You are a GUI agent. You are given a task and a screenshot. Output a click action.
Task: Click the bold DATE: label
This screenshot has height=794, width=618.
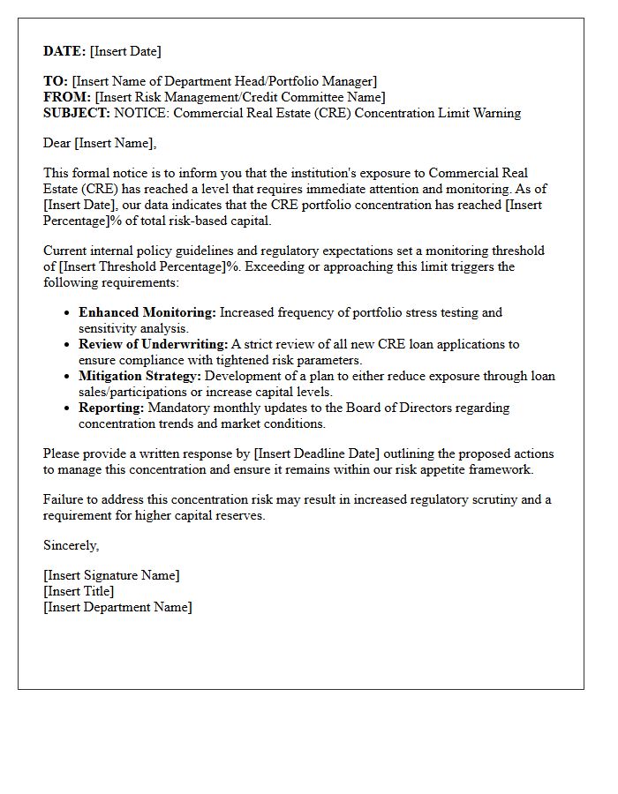(x=64, y=51)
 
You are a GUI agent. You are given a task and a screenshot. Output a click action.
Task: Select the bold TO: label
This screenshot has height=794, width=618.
(x=56, y=81)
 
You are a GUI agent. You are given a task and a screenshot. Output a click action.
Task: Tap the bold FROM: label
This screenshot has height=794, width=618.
(x=67, y=97)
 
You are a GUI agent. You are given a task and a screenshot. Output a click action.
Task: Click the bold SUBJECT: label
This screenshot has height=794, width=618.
(x=77, y=113)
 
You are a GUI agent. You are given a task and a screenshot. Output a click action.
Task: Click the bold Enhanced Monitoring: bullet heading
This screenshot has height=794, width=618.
(x=147, y=312)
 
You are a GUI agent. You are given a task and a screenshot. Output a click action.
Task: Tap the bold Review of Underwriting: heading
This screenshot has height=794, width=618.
(x=153, y=344)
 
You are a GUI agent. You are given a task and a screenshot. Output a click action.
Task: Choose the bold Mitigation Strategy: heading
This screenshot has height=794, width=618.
(x=139, y=376)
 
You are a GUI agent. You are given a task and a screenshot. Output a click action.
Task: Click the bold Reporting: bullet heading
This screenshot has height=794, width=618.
(x=111, y=408)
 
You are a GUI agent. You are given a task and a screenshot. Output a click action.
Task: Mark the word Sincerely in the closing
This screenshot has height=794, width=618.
(x=71, y=545)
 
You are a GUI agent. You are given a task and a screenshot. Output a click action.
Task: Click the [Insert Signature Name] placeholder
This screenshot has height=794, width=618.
(x=111, y=575)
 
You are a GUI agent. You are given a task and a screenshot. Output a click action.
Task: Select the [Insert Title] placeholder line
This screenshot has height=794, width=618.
(x=79, y=591)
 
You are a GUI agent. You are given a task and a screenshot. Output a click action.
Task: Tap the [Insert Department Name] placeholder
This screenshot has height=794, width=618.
(x=117, y=607)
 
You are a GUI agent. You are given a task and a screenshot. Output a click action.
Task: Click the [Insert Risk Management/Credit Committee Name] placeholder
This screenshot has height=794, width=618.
(x=240, y=97)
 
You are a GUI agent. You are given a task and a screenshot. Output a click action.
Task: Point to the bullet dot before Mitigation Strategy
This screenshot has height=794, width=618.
(x=68, y=377)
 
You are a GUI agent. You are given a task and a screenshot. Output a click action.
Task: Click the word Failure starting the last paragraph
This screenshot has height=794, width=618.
(x=64, y=499)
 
